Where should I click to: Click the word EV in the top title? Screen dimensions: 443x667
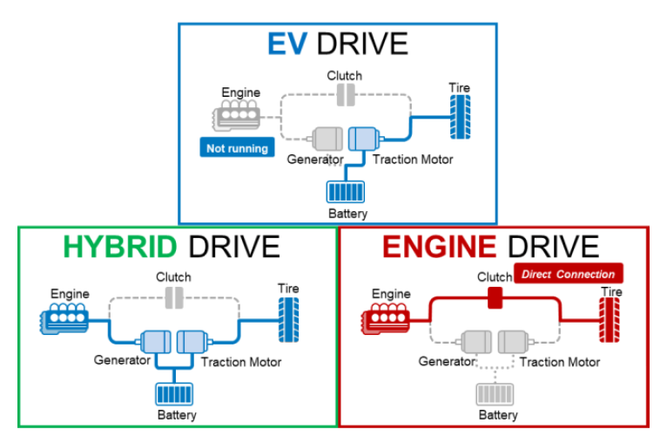[286, 44]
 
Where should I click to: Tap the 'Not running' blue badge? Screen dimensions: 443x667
[237, 148]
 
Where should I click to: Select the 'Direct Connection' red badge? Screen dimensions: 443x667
[568, 275]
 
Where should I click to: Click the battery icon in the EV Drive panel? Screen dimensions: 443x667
[347, 192]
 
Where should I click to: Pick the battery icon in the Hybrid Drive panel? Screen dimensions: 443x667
[175, 394]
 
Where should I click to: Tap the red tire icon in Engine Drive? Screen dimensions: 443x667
[610, 320]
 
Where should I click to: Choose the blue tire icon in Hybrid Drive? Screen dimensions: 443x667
[288, 320]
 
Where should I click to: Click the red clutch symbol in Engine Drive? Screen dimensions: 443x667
[496, 299]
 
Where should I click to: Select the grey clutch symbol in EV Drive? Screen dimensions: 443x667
[346, 95]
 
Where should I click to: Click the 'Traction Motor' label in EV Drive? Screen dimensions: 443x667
[413, 160]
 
